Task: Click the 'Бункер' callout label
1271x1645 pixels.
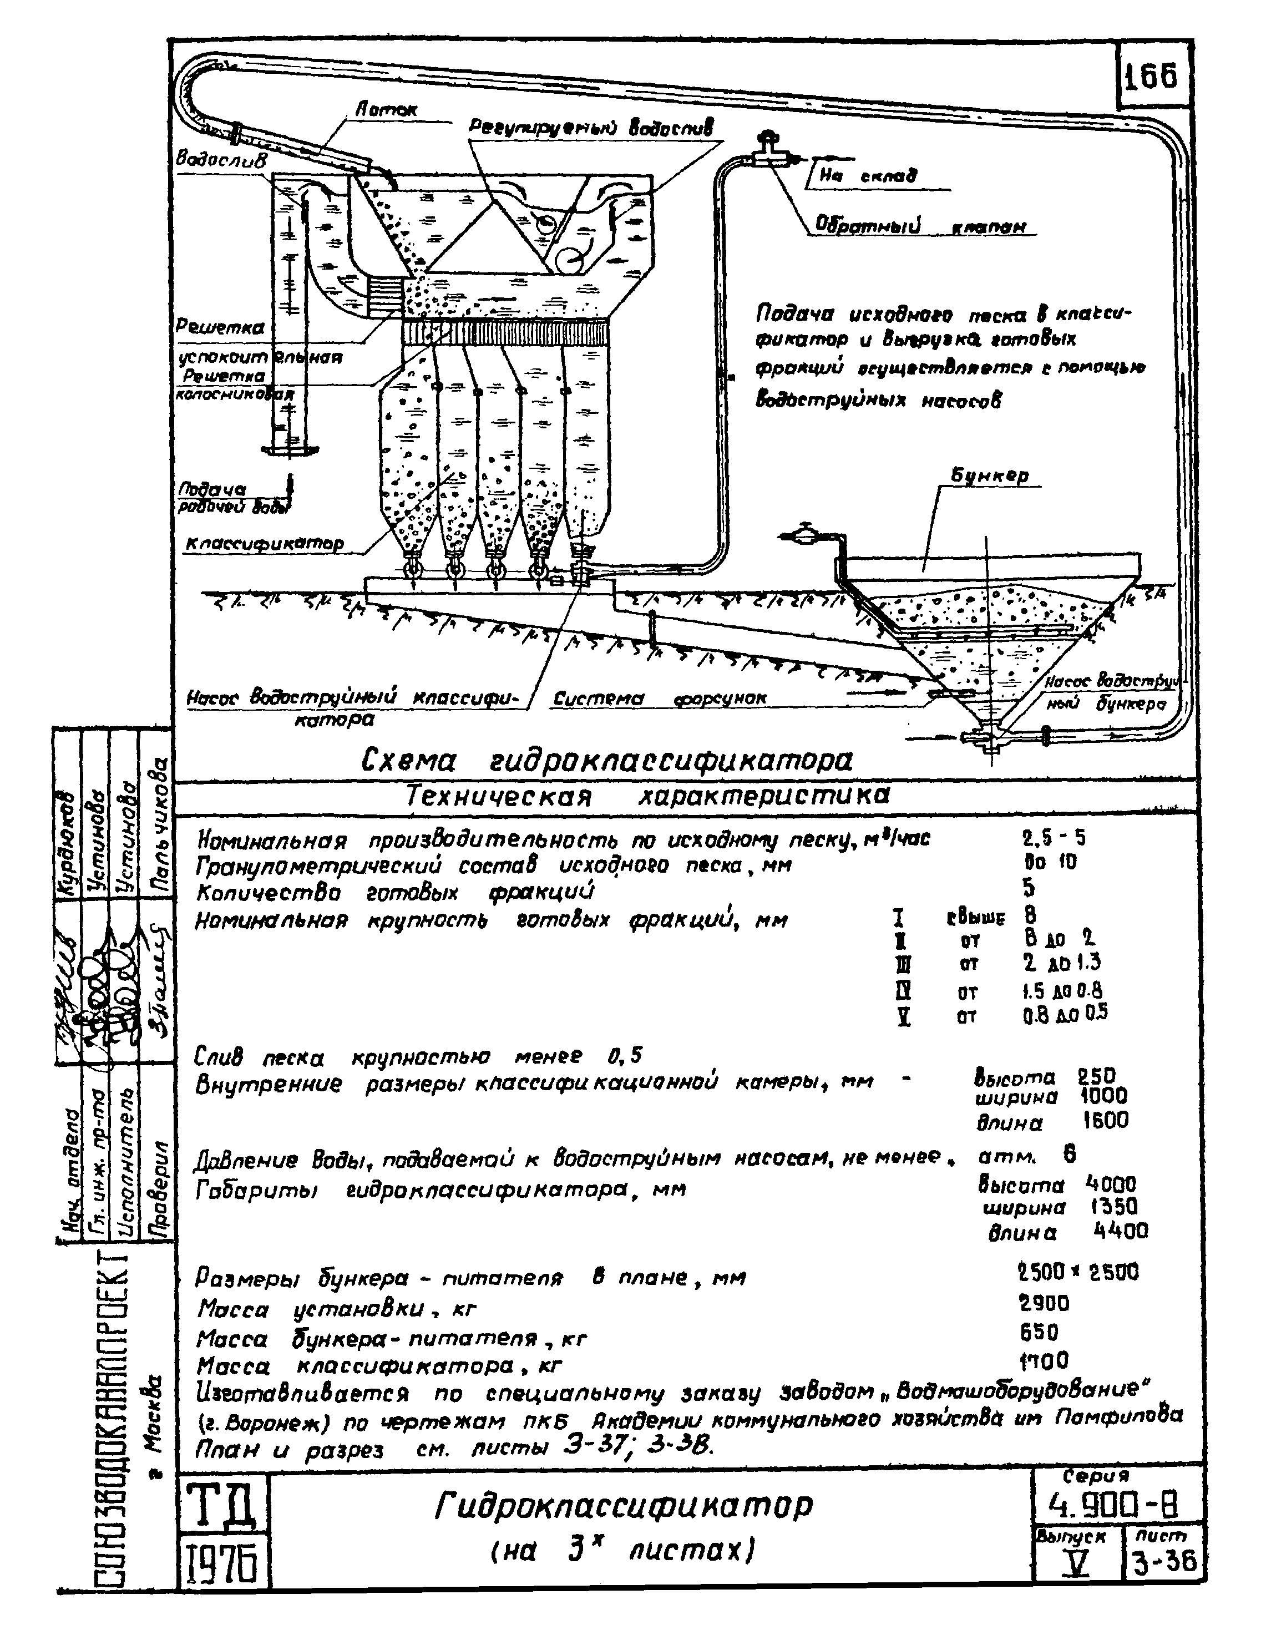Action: (x=989, y=475)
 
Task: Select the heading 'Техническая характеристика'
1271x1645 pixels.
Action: (x=647, y=796)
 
